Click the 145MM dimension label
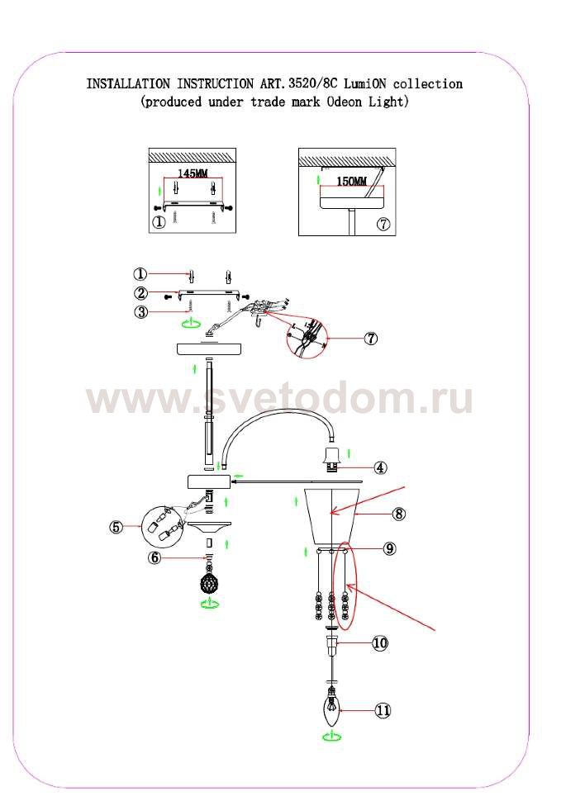pos(193,173)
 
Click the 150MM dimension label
pos(351,181)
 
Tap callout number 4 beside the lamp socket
pos(380,467)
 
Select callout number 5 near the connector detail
pos(117,527)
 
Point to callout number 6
pos(155,558)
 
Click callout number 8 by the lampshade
pos(399,514)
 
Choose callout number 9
pos(390,548)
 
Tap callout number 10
pos(380,642)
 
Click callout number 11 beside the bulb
pos(383,710)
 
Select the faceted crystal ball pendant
pos(208,584)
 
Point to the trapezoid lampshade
pos(332,516)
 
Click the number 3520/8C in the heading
pos(313,83)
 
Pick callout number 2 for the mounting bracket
pos(141,293)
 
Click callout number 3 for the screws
pos(141,311)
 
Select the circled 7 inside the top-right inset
pos(383,224)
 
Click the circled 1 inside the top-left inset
pos(159,223)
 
